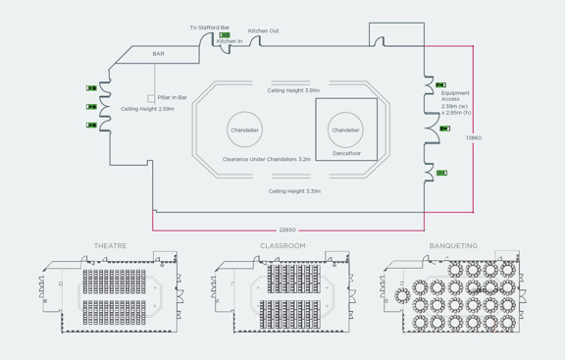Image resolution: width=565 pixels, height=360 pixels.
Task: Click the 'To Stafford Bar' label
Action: [x=210, y=27]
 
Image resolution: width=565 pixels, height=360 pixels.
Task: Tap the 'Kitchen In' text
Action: [x=230, y=41]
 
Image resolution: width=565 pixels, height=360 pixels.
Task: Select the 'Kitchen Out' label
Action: [x=263, y=31]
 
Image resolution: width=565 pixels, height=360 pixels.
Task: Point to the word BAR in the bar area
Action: [x=158, y=54]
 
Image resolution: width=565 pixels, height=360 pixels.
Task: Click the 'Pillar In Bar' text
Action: [x=172, y=97]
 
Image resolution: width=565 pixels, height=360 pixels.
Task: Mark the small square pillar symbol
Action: [x=151, y=98]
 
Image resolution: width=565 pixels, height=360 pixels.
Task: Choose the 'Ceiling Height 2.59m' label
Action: [x=147, y=109]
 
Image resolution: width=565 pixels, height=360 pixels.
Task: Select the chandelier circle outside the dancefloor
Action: [x=244, y=129]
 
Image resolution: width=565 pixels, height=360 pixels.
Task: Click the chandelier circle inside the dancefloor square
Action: [x=345, y=129]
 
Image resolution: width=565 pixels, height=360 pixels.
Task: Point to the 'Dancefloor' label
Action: [x=345, y=153]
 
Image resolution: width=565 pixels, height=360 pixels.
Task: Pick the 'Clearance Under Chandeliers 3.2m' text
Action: [x=267, y=159]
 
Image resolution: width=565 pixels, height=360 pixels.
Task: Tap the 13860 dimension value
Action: [x=474, y=138]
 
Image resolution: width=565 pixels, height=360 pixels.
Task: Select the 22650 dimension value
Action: [x=287, y=230]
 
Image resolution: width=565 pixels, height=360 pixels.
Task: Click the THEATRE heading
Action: [x=110, y=246]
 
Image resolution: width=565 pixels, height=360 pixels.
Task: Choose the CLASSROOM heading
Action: [x=282, y=246]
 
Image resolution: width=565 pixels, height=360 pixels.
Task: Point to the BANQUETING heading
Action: [x=453, y=246]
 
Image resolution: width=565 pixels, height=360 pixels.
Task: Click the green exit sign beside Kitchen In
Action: [x=225, y=35]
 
